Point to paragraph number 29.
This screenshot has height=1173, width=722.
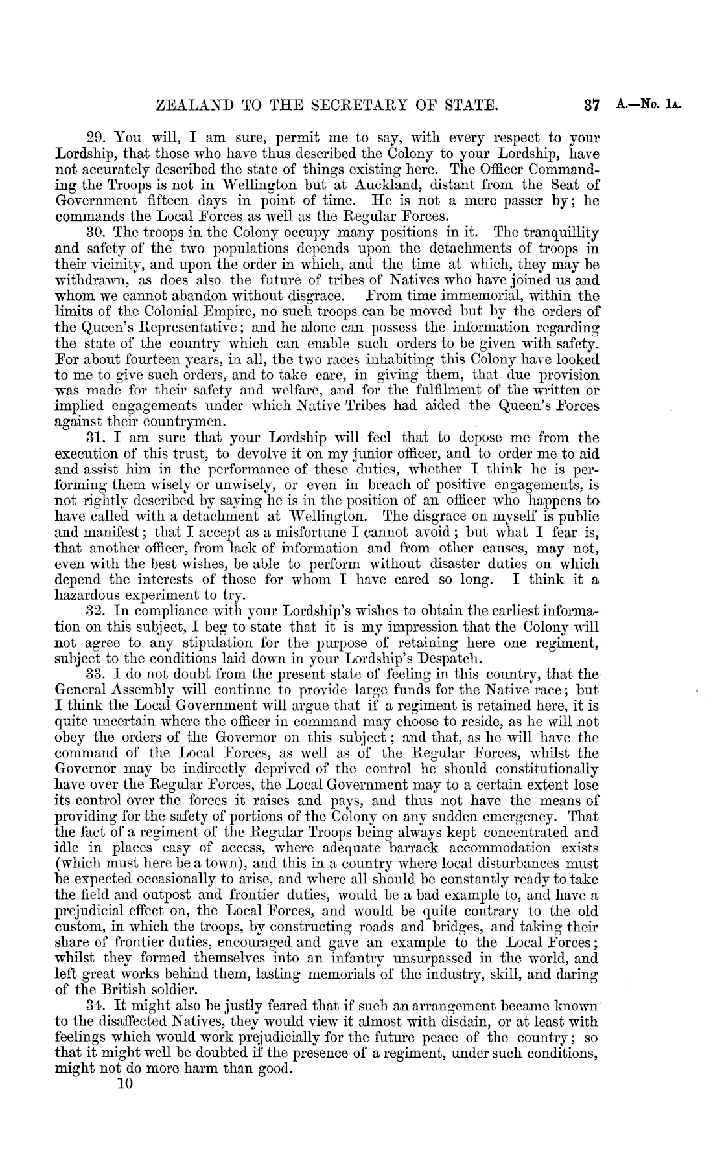point(97,139)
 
